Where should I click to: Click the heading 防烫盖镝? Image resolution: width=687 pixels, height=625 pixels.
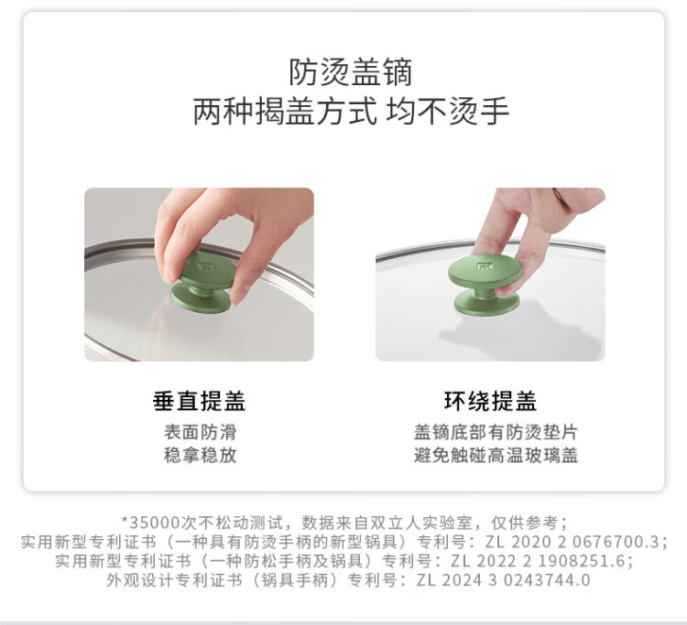[351, 72]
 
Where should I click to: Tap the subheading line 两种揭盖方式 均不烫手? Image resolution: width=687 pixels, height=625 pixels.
[351, 111]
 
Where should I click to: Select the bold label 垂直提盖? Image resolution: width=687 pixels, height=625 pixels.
[199, 401]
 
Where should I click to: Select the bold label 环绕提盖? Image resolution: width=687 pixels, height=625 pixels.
[490, 401]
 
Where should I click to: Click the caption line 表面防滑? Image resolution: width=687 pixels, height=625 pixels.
[201, 432]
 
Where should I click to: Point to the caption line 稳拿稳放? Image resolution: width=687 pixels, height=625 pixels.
[201, 455]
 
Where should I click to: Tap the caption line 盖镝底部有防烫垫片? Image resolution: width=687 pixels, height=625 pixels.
[496, 432]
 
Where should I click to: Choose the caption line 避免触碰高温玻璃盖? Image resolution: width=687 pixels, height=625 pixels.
[496, 455]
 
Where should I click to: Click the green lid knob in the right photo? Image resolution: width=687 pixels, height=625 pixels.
[485, 286]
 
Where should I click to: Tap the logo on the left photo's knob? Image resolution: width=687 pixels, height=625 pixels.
[205, 266]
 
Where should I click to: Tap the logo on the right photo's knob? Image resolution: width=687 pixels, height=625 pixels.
[483, 265]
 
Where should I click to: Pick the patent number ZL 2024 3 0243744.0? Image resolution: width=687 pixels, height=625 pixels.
[503, 580]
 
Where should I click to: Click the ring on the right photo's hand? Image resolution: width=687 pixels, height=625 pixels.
[557, 192]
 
